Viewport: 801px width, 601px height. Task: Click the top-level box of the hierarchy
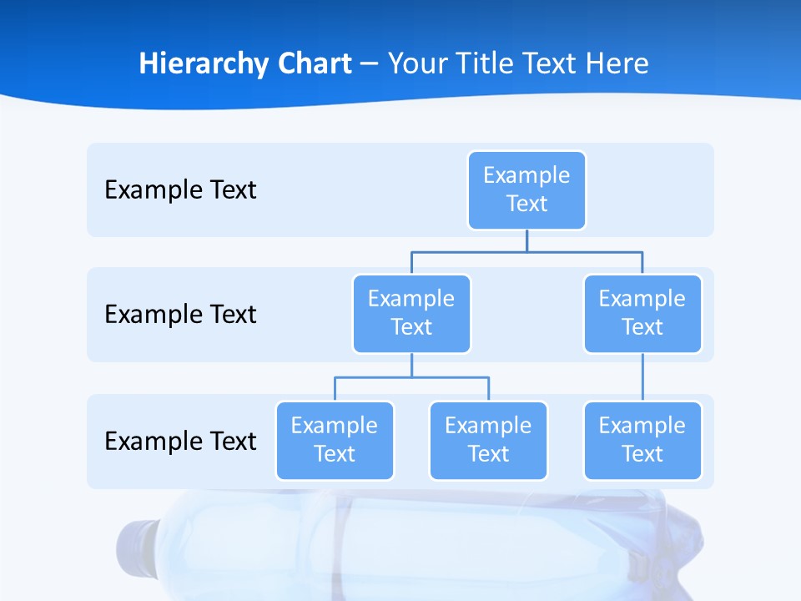click(x=526, y=189)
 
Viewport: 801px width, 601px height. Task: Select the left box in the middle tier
click(x=411, y=313)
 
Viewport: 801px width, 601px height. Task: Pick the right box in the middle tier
click(x=642, y=313)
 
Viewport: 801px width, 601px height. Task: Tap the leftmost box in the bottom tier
click(x=335, y=440)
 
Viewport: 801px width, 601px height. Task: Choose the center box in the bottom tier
click(x=488, y=440)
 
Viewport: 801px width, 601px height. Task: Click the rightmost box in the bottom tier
click(x=642, y=440)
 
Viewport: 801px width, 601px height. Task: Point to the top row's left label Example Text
click(x=180, y=190)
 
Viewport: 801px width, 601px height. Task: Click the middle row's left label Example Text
click(x=180, y=315)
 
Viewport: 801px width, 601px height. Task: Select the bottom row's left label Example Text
click(x=180, y=441)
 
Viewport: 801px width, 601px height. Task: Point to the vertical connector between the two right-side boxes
click(x=642, y=377)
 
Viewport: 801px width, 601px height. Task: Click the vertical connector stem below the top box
click(x=526, y=240)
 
